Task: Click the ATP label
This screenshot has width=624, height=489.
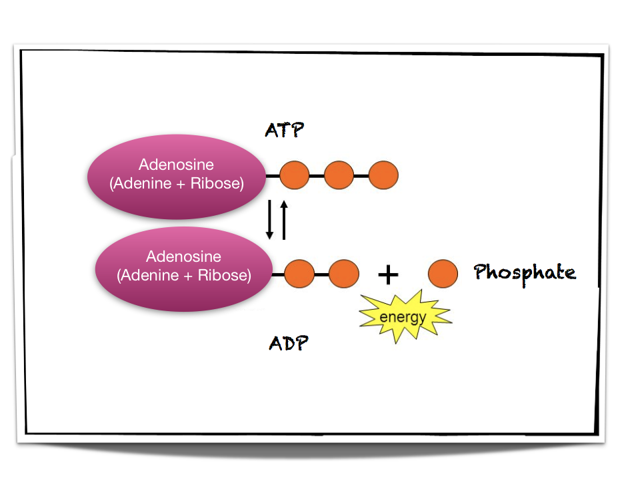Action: pos(284,129)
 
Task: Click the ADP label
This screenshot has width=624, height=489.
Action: pos(289,343)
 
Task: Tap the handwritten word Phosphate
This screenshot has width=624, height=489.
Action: pos(525,272)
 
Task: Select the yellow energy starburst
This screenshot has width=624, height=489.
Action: pos(404,316)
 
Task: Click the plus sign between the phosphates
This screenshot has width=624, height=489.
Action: pos(388,273)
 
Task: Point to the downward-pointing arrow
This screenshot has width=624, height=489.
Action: pos(270,220)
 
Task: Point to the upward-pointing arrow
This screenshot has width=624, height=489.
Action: pos(284,220)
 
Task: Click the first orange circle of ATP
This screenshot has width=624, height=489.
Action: pos(294,175)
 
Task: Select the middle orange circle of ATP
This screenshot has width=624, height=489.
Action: pos(339,175)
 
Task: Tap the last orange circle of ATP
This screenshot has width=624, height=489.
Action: pos(383,175)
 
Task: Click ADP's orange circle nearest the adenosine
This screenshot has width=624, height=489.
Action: pos(299,273)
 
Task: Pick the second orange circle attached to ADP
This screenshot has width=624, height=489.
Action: pos(344,273)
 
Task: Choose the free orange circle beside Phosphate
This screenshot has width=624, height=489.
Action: pos(443,273)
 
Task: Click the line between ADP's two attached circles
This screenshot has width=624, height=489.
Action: pos(321,274)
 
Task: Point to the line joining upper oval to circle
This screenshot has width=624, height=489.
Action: pos(272,176)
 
